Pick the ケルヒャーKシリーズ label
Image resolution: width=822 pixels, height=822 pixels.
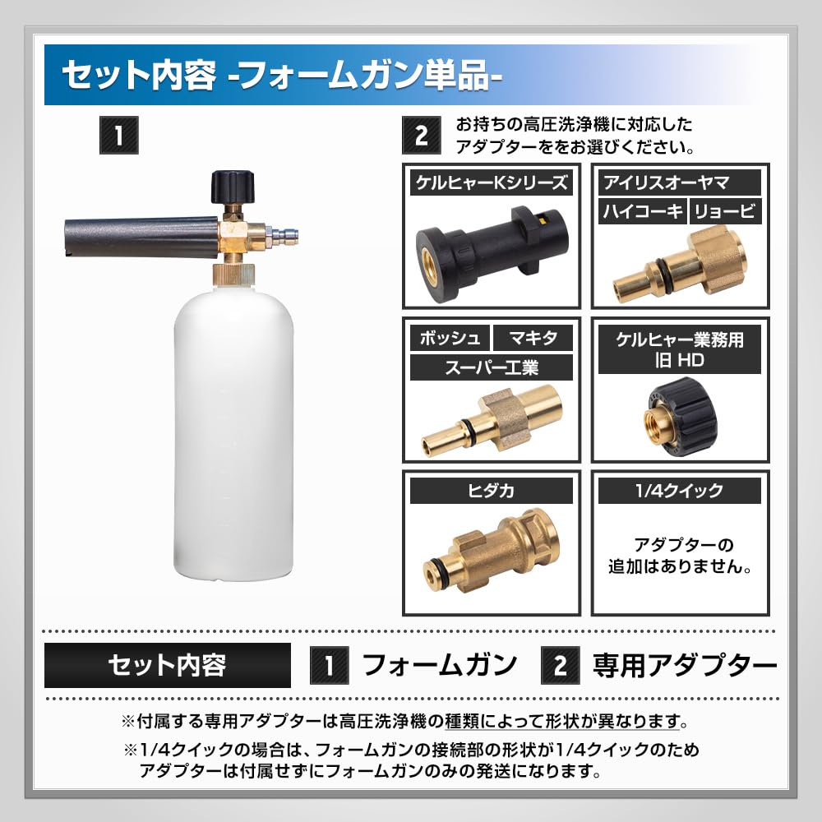click(491, 182)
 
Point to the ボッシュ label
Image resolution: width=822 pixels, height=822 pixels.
click(450, 337)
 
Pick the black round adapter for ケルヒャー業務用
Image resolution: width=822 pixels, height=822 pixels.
click(679, 410)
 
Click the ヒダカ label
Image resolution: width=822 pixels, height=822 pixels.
click(491, 491)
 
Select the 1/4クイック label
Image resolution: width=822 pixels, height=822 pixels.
click(680, 491)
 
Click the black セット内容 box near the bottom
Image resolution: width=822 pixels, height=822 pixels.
click(168, 664)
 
